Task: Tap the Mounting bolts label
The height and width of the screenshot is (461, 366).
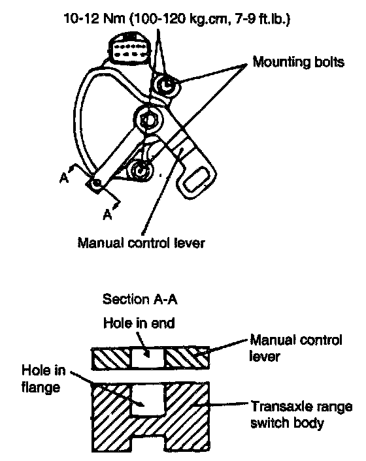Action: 298,62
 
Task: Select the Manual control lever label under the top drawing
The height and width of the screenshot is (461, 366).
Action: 141,243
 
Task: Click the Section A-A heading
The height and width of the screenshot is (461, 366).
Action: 140,299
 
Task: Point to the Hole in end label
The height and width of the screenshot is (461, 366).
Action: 139,323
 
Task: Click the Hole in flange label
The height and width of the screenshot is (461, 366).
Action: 44,379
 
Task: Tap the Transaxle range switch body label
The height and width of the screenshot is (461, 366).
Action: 301,415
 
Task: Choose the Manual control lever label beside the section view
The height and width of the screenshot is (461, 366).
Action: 295,348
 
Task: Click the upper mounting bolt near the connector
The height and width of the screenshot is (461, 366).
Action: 166,86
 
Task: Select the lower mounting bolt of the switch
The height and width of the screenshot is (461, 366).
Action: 142,170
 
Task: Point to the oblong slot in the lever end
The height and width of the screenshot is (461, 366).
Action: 195,180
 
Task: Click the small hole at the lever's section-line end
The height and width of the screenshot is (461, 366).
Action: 97,183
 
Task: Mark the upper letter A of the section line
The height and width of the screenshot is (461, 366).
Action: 65,178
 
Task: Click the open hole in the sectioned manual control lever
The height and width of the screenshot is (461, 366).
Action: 148,358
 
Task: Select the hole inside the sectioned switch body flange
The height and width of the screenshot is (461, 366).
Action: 148,400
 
